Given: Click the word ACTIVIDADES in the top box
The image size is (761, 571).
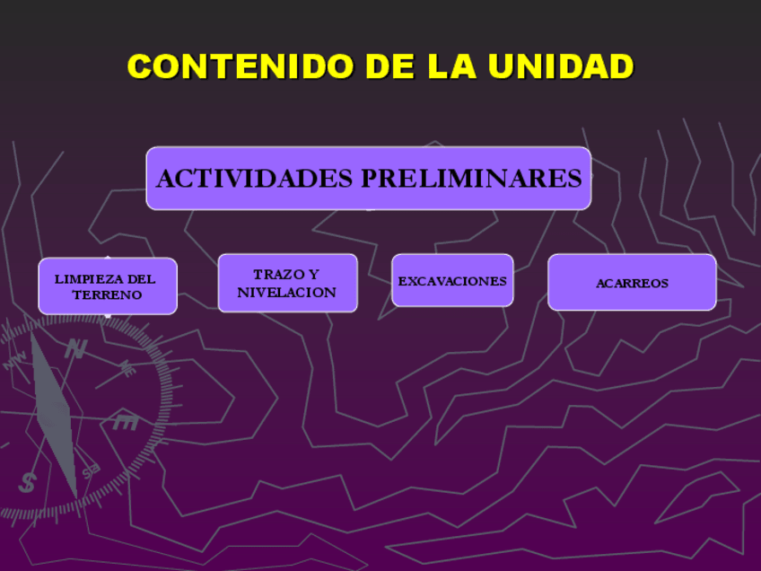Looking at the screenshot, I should point(255,179).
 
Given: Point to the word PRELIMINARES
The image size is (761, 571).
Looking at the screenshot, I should point(471,179).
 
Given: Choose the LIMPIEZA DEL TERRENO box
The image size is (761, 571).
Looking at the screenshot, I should point(108,286).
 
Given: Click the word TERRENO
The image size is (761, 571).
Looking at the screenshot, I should point(107,295).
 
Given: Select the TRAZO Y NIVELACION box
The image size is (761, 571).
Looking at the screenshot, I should point(287,283).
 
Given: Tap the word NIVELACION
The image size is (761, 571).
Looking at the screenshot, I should point(286,293).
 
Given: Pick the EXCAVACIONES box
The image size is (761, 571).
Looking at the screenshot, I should point(452,281).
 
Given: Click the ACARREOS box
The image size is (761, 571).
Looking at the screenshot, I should point(632,283).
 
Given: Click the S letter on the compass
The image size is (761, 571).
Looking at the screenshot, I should point(28,482).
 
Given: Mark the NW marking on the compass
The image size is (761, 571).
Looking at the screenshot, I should point(15,362).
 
